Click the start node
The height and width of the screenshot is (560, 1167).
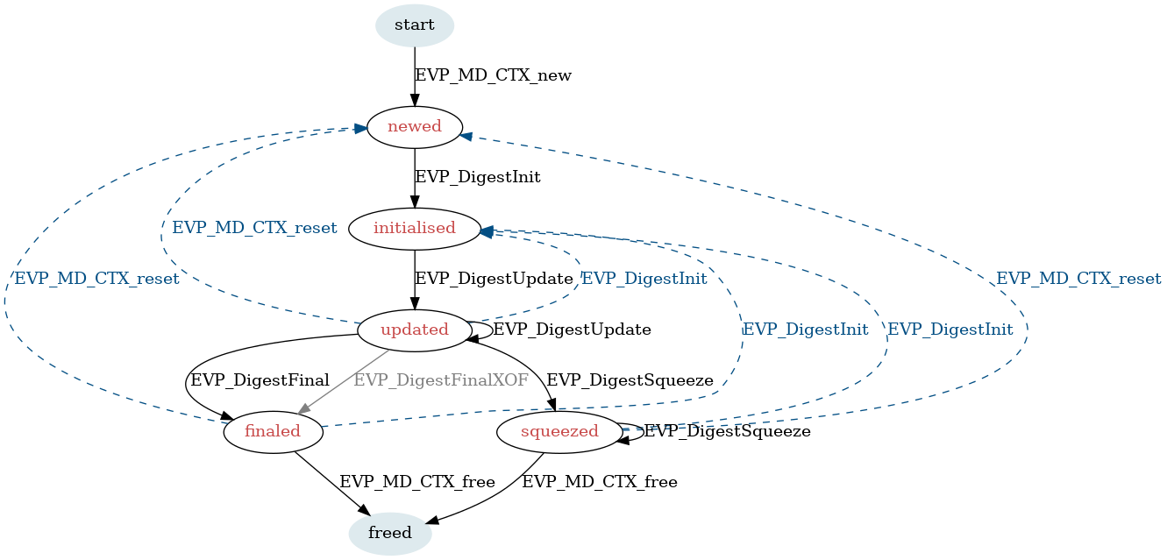(415, 25)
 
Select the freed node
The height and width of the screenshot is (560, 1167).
(390, 533)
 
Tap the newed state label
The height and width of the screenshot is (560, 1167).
(414, 126)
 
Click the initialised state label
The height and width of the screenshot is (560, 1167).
(414, 228)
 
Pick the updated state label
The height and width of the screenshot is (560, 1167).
(414, 330)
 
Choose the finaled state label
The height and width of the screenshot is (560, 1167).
(272, 431)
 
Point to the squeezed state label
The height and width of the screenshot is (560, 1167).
(559, 431)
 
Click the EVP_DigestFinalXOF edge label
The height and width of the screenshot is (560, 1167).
(441, 380)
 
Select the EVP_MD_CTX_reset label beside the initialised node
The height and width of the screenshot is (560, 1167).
(254, 228)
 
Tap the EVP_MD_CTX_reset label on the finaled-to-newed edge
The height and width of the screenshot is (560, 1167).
(96, 279)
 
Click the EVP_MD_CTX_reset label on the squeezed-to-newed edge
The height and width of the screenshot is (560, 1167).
(1078, 279)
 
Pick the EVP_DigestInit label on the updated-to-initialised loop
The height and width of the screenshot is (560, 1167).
(644, 279)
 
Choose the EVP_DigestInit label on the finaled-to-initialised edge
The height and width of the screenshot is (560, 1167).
(805, 330)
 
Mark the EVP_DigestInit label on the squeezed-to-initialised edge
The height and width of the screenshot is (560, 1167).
(950, 330)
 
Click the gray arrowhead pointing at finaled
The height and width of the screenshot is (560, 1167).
(303, 409)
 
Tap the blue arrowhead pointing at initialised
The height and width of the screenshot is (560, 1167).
(485, 230)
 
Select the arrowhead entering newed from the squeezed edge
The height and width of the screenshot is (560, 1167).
(466, 136)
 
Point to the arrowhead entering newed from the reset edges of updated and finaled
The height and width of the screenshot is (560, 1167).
(361, 129)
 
